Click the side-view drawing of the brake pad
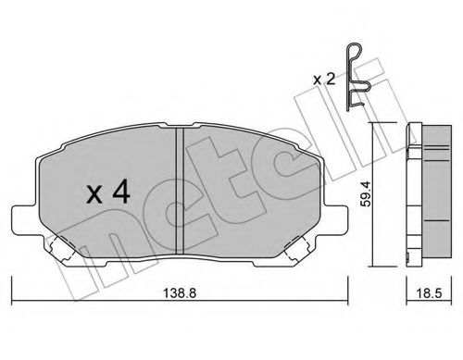[x=423, y=194]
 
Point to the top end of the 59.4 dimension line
[x=374, y=123]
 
